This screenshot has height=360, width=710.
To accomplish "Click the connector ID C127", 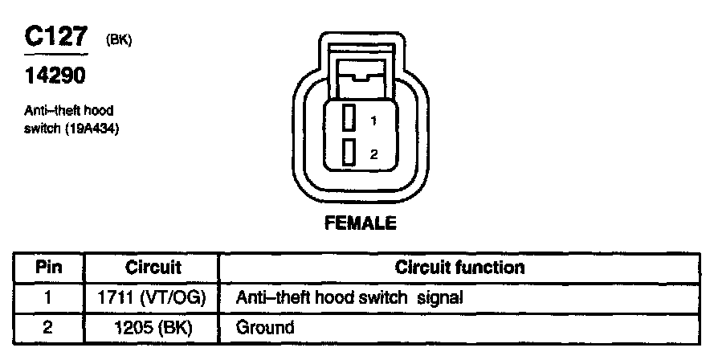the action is pos(55,39).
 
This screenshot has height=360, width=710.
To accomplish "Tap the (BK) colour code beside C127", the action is pos(117,41).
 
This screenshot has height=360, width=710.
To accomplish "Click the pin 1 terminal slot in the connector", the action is pos(349,119).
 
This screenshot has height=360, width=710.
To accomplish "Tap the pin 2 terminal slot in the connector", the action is pos(349,153).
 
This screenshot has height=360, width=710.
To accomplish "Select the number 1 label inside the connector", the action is pos(373,121).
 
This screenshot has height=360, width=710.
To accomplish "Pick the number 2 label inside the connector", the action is pos(373,154).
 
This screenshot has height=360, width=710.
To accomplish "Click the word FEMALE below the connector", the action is pos(360,224).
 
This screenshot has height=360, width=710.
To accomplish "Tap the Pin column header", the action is pos(48,268).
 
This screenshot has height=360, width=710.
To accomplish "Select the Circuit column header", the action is pos(153,268).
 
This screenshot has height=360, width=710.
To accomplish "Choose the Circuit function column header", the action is pos(459,268).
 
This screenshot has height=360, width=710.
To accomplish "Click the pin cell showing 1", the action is pos(48,298).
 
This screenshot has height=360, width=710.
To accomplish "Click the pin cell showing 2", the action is pos(48,328).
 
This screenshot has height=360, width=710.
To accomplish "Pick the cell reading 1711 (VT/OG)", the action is pos(153,298).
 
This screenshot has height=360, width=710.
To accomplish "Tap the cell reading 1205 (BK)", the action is pos(153,328).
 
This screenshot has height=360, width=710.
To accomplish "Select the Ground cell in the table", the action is pos(265,328).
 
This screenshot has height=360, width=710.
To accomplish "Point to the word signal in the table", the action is pos(440,298).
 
